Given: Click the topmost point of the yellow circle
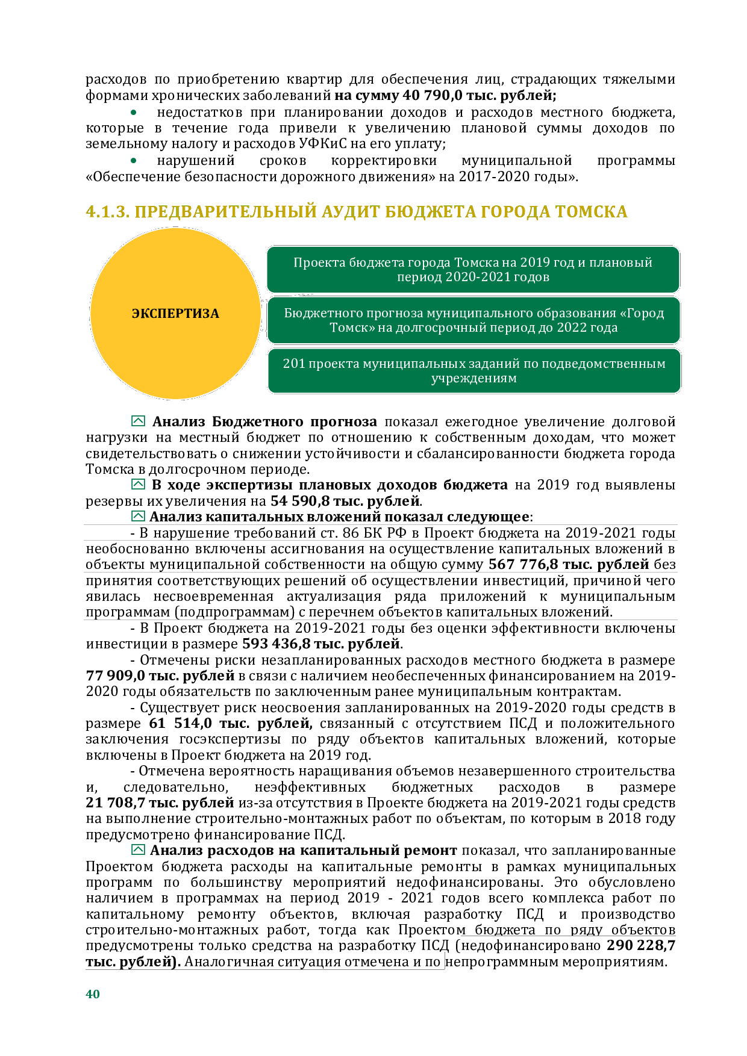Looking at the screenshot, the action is coord(175,228).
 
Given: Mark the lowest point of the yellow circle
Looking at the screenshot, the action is coord(175,399).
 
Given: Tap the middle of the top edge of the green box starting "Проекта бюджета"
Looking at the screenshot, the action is coord(474,246).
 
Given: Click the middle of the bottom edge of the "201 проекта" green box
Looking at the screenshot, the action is coord(474,393).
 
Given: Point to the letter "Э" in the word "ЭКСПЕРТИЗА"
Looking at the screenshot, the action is coord(136,314).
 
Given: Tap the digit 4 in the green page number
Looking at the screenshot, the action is coord(89,994).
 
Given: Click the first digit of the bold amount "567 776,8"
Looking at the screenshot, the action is coord(493,565).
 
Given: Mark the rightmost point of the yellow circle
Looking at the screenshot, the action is coord(261,314).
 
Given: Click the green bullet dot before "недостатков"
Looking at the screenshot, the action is coord(134,113).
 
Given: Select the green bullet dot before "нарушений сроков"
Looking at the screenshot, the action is coord(134,161).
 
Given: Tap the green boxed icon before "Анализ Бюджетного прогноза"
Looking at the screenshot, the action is coord(138,421).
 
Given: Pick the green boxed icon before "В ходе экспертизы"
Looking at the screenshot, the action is coord(138,485).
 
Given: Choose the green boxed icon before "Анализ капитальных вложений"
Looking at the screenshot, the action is coord(138,517).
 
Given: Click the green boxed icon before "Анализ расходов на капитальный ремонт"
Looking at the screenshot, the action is coord(138,850).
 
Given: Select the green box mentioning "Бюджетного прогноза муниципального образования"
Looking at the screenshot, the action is coord(474,320).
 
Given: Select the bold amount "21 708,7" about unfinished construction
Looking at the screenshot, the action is coord(116,803).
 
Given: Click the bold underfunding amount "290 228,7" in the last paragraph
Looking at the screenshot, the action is coord(641,946).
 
